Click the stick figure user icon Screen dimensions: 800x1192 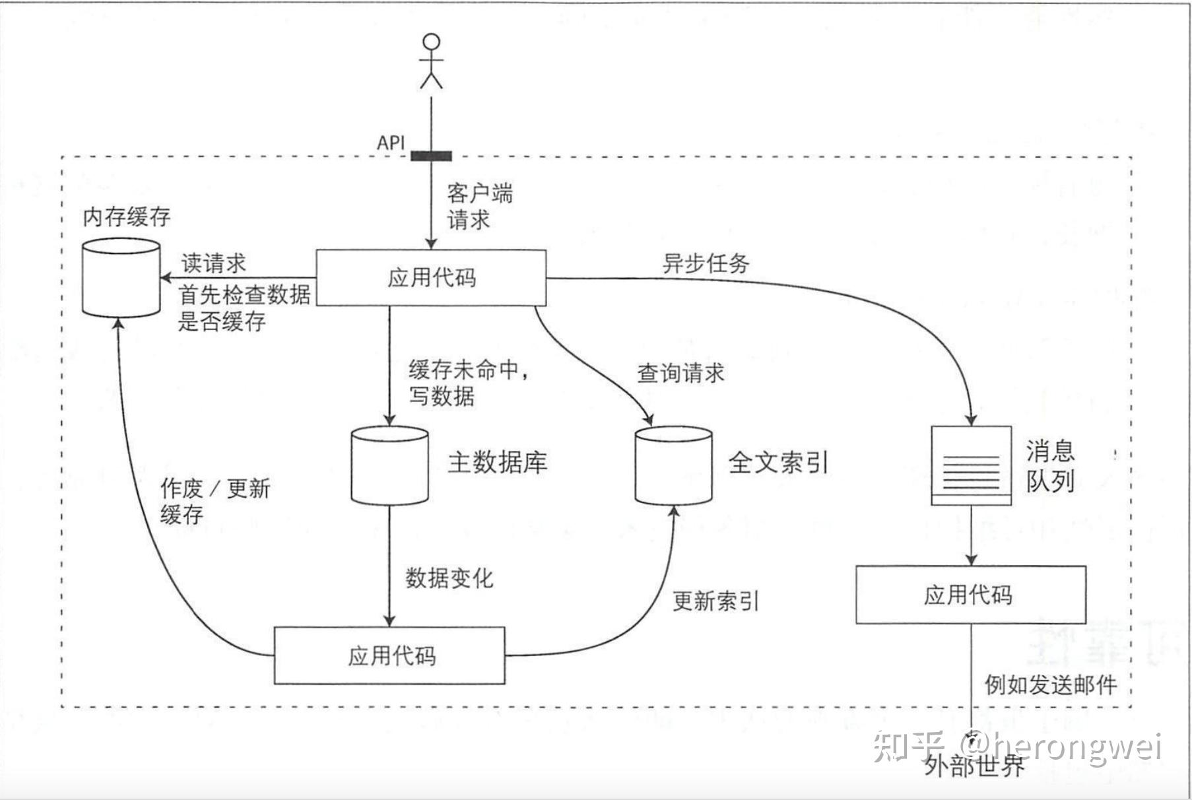tap(431, 61)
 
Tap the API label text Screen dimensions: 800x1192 tap(391, 143)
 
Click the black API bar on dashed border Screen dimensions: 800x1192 tap(431, 156)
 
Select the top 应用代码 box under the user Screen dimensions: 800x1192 tap(431, 277)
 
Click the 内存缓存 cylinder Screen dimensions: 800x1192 tap(121, 278)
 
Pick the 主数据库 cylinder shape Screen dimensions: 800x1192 tap(389, 465)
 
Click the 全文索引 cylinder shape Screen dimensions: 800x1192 tap(673, 465)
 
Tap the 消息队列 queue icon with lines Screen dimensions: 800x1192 tap(971, 465)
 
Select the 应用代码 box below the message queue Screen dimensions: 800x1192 tap(970, 595)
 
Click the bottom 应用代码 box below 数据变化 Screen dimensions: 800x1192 tap(389, 655)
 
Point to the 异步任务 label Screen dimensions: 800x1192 tap(706, 263)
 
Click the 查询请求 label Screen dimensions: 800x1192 tap(680, 373)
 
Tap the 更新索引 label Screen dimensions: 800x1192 tap(715, 601)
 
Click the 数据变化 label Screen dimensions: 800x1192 tap(449, 578)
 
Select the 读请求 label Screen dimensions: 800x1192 tap(213, 263)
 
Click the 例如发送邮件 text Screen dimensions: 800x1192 tap(1051, 684)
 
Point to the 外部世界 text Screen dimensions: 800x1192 tap(974, 766)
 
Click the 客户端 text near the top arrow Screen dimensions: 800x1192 tap(479, 193)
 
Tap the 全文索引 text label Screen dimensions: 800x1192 tap(778, 462)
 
